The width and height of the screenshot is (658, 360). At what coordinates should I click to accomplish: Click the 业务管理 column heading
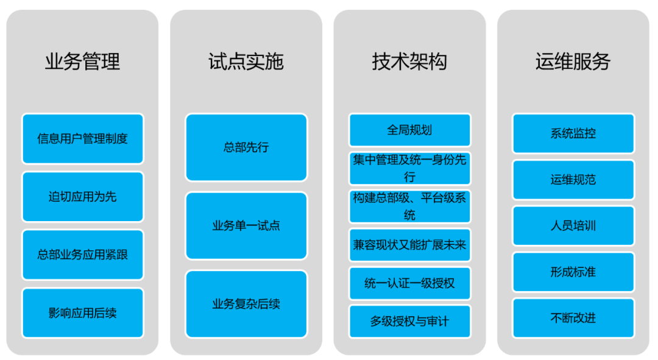pyautogui.click(x=82, y=62)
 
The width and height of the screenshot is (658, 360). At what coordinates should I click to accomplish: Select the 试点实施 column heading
pyautogui.click(x=246, y=62)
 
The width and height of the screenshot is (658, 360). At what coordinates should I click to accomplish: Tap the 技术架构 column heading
pyautogui.click(x=409, y=62)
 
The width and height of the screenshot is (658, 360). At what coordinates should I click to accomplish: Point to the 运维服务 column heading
pyautogui.click(x=573, y=62)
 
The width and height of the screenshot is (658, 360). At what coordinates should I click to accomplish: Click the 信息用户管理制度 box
pyautogui.click(x=83, y=139)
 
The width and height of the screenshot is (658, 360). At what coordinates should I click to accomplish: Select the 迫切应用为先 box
pyautogui.click(x=83, y=197)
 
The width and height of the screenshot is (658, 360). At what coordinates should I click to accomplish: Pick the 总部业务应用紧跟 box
pyautogui.click(x=83, y=255)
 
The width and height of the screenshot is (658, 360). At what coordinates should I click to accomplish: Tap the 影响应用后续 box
pyautogui.click(x=83, y=313)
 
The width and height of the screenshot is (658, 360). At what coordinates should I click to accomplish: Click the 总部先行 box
pyautogui.click(x=246, y=147)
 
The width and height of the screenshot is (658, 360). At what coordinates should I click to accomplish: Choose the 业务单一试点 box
pyautogui.click(x=246, y=226)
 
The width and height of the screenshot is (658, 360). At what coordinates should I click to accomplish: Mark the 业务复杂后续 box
pyautogui.click(x=246, y=304)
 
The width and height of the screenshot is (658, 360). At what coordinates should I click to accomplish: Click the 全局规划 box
pyautogui.click(x=409, y=130)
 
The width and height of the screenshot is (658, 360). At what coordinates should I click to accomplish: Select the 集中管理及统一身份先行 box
pyautogui.click(x=409, y=168)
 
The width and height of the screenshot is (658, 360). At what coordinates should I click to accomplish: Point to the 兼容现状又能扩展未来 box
pyautogui.click(x=409, y=245)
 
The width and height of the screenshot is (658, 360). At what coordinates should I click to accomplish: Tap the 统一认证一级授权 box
pyautogui.click(x=409, y=283)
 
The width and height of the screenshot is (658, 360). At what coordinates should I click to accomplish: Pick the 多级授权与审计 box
pyautogui.click(x=409, y=321)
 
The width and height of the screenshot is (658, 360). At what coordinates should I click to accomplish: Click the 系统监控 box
pyautogui.click(x=573, y=133)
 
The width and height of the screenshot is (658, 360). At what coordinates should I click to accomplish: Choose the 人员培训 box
pyautogui.click(x=573, y=226)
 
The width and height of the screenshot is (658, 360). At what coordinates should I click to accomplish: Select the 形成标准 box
pyautogui.click(x=573, y=272)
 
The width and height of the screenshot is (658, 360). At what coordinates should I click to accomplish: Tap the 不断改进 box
pyautogui.click(x=573, y=318)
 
